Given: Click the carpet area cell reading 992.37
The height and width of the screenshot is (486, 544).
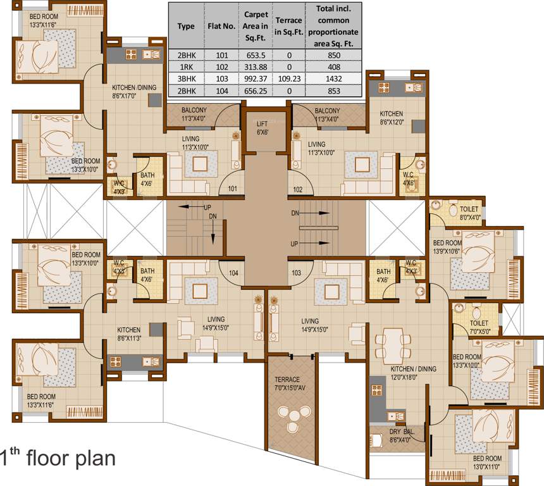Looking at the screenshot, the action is (x=256, y=79).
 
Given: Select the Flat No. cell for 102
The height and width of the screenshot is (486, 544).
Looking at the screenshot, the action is (x=222, y=67).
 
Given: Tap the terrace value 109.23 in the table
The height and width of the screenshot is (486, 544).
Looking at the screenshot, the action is (x=289, y=79).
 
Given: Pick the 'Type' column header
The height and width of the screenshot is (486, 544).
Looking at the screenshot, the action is (x=186, y=27).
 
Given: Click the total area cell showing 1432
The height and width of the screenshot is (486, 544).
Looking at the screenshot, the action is (x=334, y=79).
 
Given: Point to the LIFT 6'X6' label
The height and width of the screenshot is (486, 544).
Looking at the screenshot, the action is (x=263, y=128).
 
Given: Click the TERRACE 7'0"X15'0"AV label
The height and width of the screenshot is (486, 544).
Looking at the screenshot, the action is (x=290, y=383).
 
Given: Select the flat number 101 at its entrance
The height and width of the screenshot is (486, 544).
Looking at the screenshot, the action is (x=232, y=189).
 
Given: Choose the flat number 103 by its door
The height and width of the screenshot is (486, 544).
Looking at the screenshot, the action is (x=296, y=273).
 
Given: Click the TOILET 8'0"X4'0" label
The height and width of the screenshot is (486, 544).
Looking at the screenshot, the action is (x=470, y=213).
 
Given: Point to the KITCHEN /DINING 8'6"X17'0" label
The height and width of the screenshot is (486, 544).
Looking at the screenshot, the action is (x=134, y=92).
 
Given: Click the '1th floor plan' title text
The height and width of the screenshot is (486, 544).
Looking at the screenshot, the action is (x=58, y=458).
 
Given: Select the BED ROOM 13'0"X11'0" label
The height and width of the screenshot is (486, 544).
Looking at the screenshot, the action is (x=487, y=463).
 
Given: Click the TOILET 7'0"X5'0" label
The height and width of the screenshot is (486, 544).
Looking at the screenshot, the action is (x=479, y=327).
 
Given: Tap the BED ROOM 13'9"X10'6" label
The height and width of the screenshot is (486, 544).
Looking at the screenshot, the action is (x=447, y=247).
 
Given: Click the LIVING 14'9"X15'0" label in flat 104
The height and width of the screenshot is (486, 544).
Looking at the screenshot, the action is (x=216, y=323).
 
